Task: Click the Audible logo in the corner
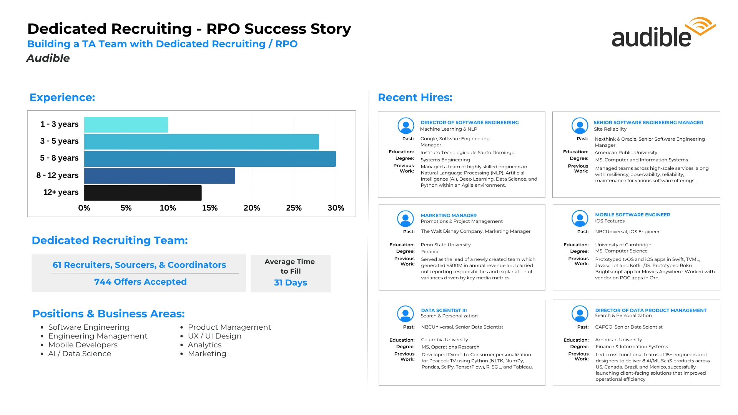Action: pos(663,32)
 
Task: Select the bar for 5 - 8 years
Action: pos(210,159)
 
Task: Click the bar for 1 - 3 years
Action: pos(126,124)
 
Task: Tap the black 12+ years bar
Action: pos(143,193)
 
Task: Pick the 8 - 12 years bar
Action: pos(160,176)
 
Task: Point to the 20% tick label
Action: pos(252,208)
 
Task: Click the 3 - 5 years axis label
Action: pos(59,141)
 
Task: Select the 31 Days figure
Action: pos(290,282)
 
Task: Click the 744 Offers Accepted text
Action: pos(140,282)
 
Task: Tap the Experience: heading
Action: pos(62,97)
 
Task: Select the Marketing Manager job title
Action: pos(449,215)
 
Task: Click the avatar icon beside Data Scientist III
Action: pos(405,314)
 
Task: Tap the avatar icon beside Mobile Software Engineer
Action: pos(580,218)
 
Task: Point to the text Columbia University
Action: pos(444,340)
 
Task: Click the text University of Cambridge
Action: pos(623,245)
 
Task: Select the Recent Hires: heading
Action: pos(415,97)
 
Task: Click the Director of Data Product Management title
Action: pos(651,310)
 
